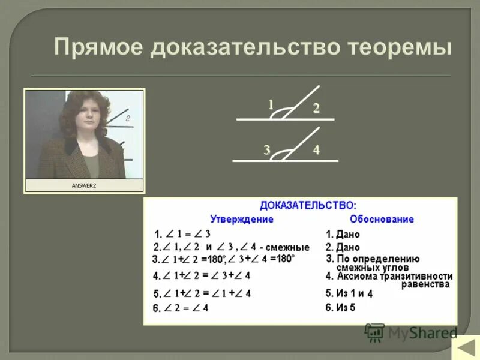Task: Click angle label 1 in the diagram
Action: point(271,104)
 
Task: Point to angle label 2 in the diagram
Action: point(316,109)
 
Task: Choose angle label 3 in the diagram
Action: point(266,150)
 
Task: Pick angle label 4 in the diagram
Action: point(316,150)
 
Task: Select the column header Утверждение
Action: point(242,219)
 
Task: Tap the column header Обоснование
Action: point(382,219)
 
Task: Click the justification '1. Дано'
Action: point(343,235)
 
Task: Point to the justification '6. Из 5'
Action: point(341,308)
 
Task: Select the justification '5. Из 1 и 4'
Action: point(349,293)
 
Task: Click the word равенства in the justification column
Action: point(425,284)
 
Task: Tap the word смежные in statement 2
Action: point(289,247)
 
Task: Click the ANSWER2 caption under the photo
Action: point(84,186)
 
